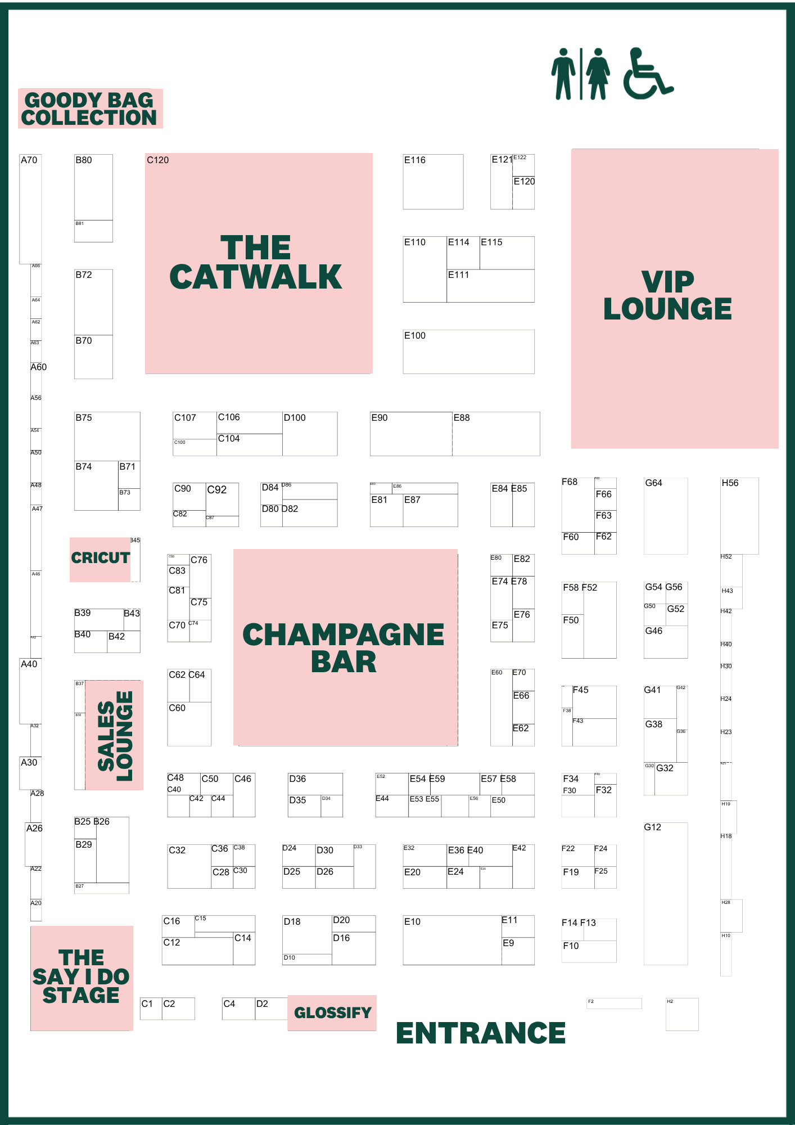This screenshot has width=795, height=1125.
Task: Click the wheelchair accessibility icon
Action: [x=647, y=74]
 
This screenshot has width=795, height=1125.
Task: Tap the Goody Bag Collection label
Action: [x=90, y=109]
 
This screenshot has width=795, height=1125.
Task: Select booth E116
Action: [x=433, y=182]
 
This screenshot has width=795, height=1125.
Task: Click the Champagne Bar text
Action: [x=344, y=647]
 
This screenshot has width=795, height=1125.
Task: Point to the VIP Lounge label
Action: [x=667, y=295]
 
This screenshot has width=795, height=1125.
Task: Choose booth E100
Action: [x=468, y=352]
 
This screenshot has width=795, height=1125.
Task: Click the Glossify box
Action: [x=332, y=1012]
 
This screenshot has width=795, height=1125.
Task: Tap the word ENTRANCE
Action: [x=481, y=1033]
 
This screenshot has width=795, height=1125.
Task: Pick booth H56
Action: [x=739, y=516]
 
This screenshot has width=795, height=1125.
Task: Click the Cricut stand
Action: [x=100, y=558]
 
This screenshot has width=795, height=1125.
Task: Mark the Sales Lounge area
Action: [x=115, y=735]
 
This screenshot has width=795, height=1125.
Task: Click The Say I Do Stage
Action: [x=82, y=977]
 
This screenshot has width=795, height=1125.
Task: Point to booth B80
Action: [x=93, y=187]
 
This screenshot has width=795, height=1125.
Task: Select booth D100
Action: [x=310, y=434]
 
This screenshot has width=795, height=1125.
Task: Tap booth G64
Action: [x=666, y=516]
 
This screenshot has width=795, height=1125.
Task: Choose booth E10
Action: [x=452, y=940]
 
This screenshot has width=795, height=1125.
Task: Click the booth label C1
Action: [x=147, y=1004]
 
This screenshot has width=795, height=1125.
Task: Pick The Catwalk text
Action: [x=256, y=263]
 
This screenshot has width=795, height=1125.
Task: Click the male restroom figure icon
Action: [x=563, y=74]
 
